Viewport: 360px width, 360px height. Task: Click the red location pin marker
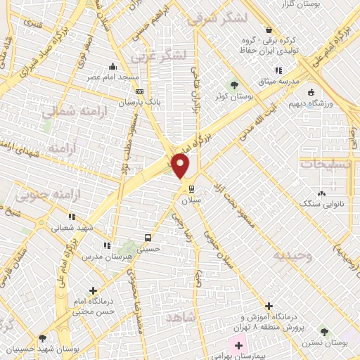click(181, 166)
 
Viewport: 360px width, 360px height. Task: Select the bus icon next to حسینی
click(148, 237)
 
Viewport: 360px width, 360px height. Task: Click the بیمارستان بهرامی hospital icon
click(238, 346)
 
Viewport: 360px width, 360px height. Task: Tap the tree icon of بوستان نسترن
click(323, 330)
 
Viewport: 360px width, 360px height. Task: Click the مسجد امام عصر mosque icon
click(112, 68)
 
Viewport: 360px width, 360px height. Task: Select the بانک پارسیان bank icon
click(139, 91)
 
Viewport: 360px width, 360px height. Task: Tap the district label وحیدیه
click(293, 256)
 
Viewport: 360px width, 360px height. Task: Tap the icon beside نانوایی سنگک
click(322, 193)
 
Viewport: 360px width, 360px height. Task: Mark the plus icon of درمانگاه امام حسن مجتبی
click(93, 290)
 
